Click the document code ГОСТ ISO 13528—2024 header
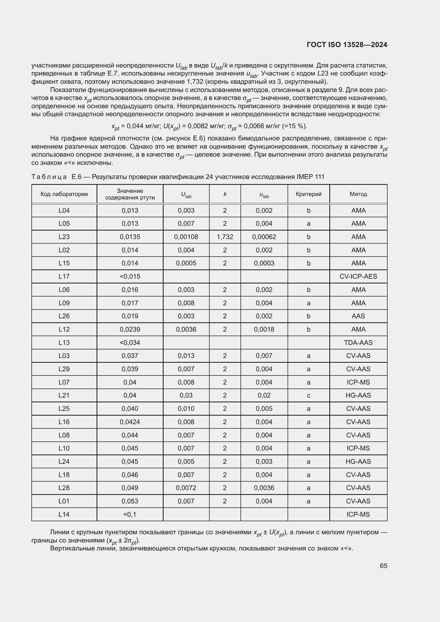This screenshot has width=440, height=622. [347, 45]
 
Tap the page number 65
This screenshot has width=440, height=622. [383, 566]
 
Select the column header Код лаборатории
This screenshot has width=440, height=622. [64, 194]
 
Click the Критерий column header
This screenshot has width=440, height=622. [309, 194]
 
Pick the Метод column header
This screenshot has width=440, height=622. [358, 194]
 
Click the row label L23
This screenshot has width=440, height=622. [64, 237]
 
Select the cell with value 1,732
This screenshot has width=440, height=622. [225, 237]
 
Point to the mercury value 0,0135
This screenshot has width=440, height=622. [130, 237]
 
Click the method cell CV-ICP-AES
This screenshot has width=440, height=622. [358, 276]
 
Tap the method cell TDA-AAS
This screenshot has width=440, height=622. [358, 343]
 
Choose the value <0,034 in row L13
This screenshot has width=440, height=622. [130, 343]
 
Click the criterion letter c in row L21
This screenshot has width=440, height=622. [309, 395]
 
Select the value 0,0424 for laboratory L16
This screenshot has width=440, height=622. [130, 422]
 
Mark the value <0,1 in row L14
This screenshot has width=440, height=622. [130, 514]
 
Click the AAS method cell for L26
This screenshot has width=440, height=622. [358, 316]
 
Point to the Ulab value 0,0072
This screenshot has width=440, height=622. [186, 488]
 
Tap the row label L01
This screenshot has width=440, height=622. [64, 501]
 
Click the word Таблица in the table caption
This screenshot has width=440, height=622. [49, 177]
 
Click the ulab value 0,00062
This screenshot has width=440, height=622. [264, 237]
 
